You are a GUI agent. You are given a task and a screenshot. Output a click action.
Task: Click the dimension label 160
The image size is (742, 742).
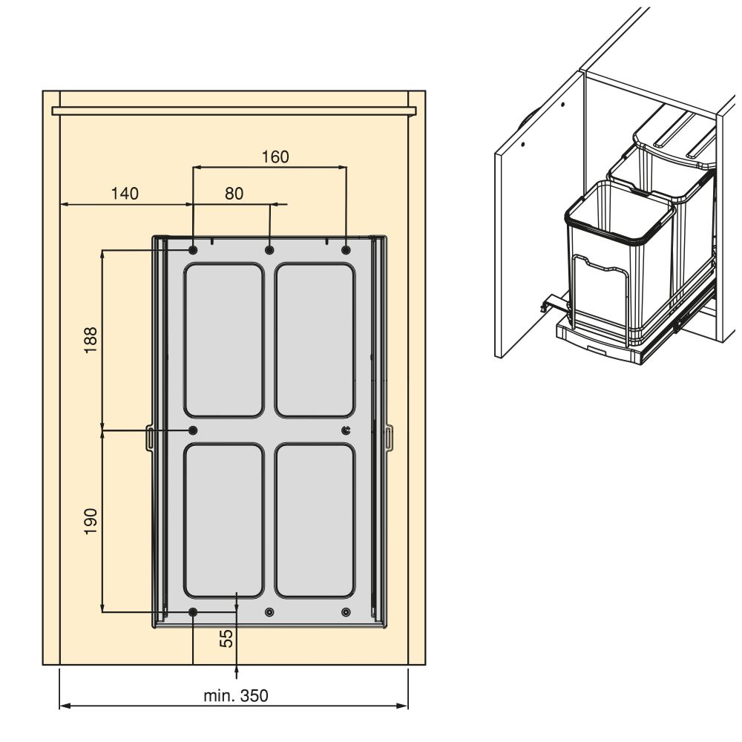click(x=275, y=157)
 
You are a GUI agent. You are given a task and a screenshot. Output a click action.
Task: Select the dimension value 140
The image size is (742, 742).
click(x=125, y=194)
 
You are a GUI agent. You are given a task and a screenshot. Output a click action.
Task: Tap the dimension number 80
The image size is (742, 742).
click(x=234, y=194)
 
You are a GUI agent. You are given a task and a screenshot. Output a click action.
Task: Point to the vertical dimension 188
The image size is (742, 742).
click(x=90, y=340)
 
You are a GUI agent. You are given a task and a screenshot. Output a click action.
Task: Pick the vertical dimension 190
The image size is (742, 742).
click(x=90, y=522)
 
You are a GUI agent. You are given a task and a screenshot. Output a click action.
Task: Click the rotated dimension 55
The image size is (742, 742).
click(x=227, y=638)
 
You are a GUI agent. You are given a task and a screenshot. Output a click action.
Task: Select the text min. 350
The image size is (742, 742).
click(x=236, y=695)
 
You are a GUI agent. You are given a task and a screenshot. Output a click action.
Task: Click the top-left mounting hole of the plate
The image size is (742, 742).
click(x=193, y=249)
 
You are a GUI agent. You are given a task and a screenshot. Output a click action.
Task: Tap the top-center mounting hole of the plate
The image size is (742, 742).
click(x=269, y=249)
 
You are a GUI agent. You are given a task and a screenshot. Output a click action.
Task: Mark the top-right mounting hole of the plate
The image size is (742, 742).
click(x=346, y=249)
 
